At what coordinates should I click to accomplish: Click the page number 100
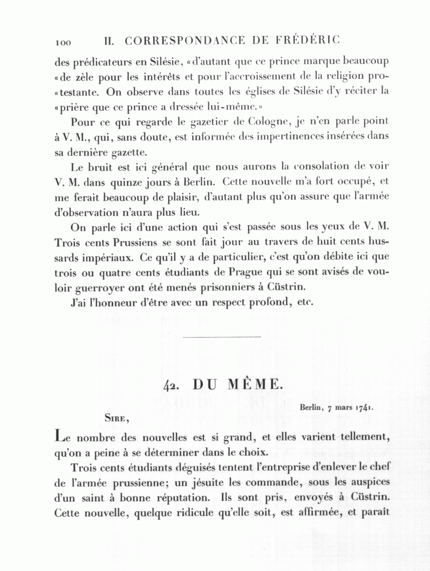tap(63, 43)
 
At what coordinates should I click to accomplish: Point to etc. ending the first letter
tap(304, 303)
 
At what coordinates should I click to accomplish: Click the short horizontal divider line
tap(222, 337)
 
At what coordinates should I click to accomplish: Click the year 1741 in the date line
tap(365, 407)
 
